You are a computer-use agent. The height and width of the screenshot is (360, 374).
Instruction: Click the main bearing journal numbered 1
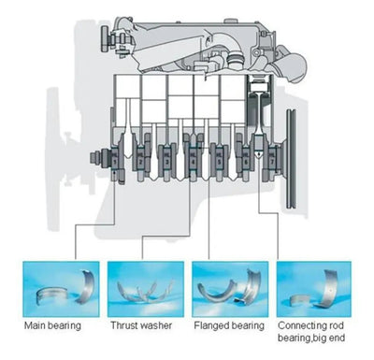pyautogui.click(x=115, y=158)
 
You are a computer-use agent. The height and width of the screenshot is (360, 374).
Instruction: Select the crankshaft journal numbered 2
pyautogui.click(x=140, y=158)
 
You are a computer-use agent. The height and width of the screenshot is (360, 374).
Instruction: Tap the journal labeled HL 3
pyautogui.click(x=166, y=158)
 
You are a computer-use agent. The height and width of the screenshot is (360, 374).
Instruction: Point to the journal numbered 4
pyautogui.click(x=193, y=158)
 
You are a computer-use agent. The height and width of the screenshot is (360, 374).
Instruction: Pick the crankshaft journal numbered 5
pyautogui.click(x=219, y=158)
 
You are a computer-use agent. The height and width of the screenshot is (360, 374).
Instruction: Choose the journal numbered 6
pyautogui.click(x=246, y=158)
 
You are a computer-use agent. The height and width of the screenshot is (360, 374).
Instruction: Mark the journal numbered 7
pyautogui.click(x=272, y=158)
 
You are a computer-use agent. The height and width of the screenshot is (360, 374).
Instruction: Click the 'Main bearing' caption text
pyautogui.click(x=52, y=326)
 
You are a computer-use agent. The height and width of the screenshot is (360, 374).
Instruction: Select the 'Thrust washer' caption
pyautogui.click(x=141, y=325)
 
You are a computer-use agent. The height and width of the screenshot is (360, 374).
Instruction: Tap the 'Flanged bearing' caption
pyautogui.click(x=229, y=326)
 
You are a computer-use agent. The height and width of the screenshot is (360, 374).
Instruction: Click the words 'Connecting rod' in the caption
pyautogui.click(x=310, y=325)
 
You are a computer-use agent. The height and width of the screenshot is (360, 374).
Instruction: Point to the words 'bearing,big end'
pyautogui.click(x=311, y=338)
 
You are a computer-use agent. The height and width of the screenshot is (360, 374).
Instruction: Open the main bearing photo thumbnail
pyautogui.click(x=61, y=289)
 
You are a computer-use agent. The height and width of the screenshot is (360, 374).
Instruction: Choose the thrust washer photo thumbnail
pyautogui.click(x=146, y=289)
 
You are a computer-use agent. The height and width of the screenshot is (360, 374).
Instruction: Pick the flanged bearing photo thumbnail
pyautogui.click(x=230, y=289)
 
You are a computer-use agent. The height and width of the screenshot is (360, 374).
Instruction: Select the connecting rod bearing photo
pyautogui.click(x=314, y=289)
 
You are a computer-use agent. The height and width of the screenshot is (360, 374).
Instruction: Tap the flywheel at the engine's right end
pyautogui.click(x=291, y=158)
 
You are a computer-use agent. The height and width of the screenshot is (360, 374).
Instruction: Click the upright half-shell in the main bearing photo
pyautogui.click(x=86, y=286)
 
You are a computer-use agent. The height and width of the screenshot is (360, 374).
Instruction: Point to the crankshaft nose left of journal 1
pyautogui.click(x=99, y=158)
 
